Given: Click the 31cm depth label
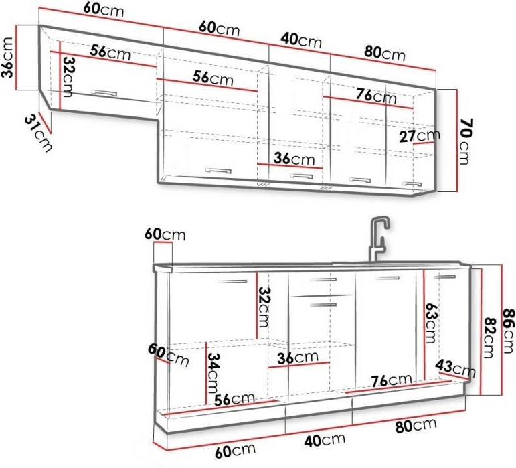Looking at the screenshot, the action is (38, 133).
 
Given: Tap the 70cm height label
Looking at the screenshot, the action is (464, 141).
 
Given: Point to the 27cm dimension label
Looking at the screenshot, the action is (420, 135).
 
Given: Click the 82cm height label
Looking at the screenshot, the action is (489, 337).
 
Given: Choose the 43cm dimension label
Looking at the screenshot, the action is (456, 368).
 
